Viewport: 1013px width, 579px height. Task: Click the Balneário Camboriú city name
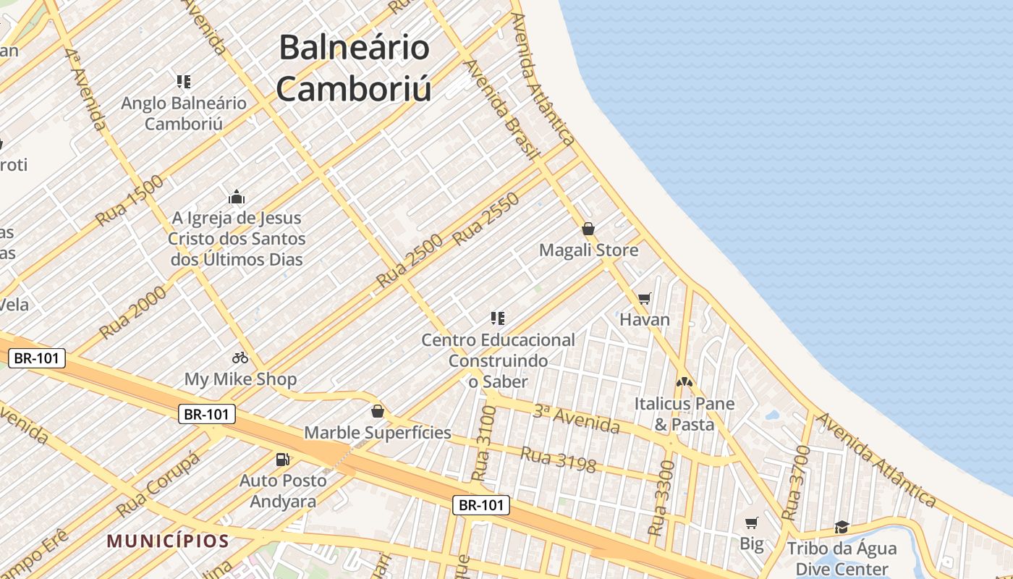click(x=354, y=69)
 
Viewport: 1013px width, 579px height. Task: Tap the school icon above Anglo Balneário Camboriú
click(x=184, y=81)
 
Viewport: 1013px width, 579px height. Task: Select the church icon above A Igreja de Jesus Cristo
click(x=237, y=197)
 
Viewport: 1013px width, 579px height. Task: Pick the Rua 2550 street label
click(x=486, y=219)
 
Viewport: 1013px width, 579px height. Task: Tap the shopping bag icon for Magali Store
click(x=588, y=229)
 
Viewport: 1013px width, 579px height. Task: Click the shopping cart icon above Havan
click(x=645, y=298)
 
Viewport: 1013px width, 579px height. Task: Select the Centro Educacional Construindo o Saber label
click(x=498, y=360)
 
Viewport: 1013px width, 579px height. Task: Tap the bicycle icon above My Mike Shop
click(x=240, y=358)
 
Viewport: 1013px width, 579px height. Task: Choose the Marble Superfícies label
click(x=377, y=433)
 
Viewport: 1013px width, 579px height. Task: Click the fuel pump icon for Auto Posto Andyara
click(x=283, y=459)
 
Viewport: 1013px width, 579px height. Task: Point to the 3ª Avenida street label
click(x=576, y=420)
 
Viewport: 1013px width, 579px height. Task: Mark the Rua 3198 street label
click(x=558, y=461)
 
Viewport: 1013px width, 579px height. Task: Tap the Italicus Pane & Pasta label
click(x=684, y=414)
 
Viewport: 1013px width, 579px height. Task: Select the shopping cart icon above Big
click(x=752, y=523)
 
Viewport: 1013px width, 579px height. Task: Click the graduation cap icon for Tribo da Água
click(x=842, y=527)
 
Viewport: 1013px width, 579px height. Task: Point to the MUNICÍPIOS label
click(x=168, y=541)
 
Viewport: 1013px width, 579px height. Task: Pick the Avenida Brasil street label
click(x=501, y=109)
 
